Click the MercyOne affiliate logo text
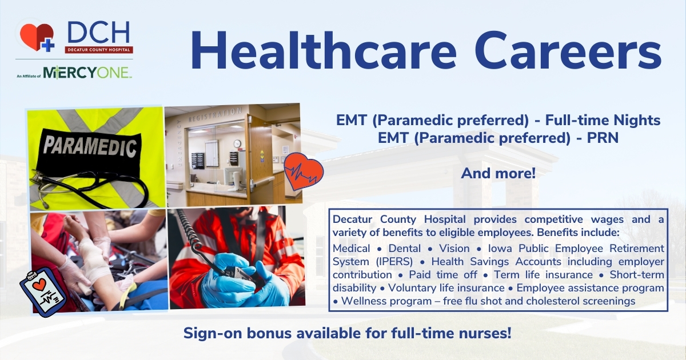pos(87,72)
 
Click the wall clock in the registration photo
pos(237,143)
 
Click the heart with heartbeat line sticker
pos(304,171)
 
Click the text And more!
pos(498,173)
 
